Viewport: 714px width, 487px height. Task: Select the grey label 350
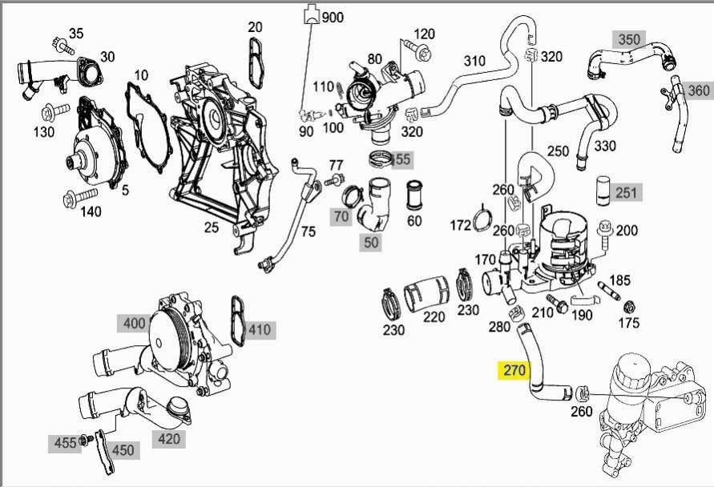point(630,38)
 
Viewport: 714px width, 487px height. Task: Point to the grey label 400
point(133,324)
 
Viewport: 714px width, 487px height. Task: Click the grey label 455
point(65,443)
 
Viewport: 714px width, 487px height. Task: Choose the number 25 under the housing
point(211,227)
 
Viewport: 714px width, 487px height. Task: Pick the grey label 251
point(625,192)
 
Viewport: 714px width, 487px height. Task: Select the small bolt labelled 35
point(58,40)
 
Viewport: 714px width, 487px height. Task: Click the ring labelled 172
point(481,221)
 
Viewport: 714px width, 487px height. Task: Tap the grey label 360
point(699,90)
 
